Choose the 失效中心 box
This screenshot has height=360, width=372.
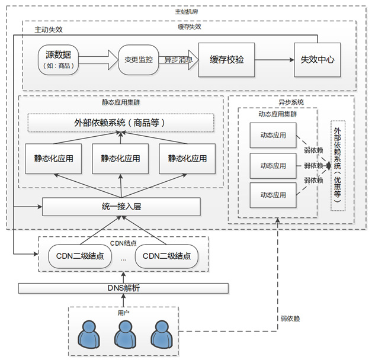(x=318, y=60)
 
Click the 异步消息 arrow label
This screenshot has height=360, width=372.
(x=179, y=59)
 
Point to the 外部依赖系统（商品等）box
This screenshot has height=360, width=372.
(x=121, y=123)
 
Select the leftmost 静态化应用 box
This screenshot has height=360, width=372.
(x=53, y=158)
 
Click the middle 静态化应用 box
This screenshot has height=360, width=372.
(x=121, y=158)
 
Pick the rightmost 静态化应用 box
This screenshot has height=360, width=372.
(x=187, y=158)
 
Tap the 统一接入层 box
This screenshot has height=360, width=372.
(x=121, y=207)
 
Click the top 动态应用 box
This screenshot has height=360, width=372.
(x=273, y=135)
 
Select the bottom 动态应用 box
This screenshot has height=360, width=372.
(x=273, y=195)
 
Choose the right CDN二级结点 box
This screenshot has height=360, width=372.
(x=166, y=256)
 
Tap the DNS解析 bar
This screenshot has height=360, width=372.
(x=123, y=288)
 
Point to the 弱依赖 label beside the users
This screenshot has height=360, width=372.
(x=290, y=319)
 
